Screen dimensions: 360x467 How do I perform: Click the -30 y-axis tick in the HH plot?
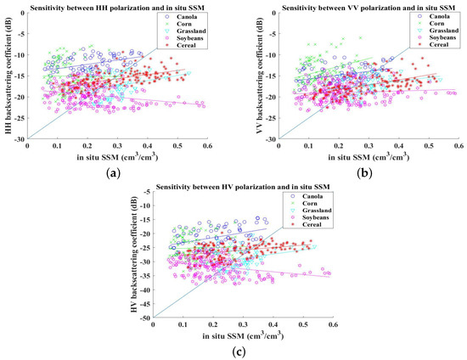point(20,138)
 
